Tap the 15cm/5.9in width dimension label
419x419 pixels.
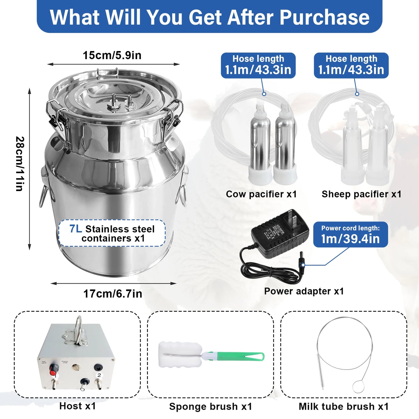pyautogui.click(x=112, y=55)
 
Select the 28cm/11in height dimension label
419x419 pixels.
pyautogui.click(x=20, y=164)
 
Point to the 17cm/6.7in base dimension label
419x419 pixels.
pyautogui.click(x=113, y=294)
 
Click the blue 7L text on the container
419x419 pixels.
pyautogui.click(x=75, y=229)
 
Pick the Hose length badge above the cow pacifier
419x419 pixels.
pyautogui.click(x=258, y=65)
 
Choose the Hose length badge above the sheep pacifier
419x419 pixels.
pyautogui.click(x=351, y=65)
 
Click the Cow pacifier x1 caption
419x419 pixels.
pyautogui.click(x=261, y=194)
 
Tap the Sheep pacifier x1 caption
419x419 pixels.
pyautogui.click(x=361, y=194)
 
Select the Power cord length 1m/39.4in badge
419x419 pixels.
pyautogui.click(x=350, y=235)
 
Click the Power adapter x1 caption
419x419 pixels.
pyautogui.click(x=304, y=291)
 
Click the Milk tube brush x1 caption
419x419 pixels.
pyautogui.click(x=344, y=407)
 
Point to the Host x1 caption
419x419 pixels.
pyautogui.click(x=77, y=406)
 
